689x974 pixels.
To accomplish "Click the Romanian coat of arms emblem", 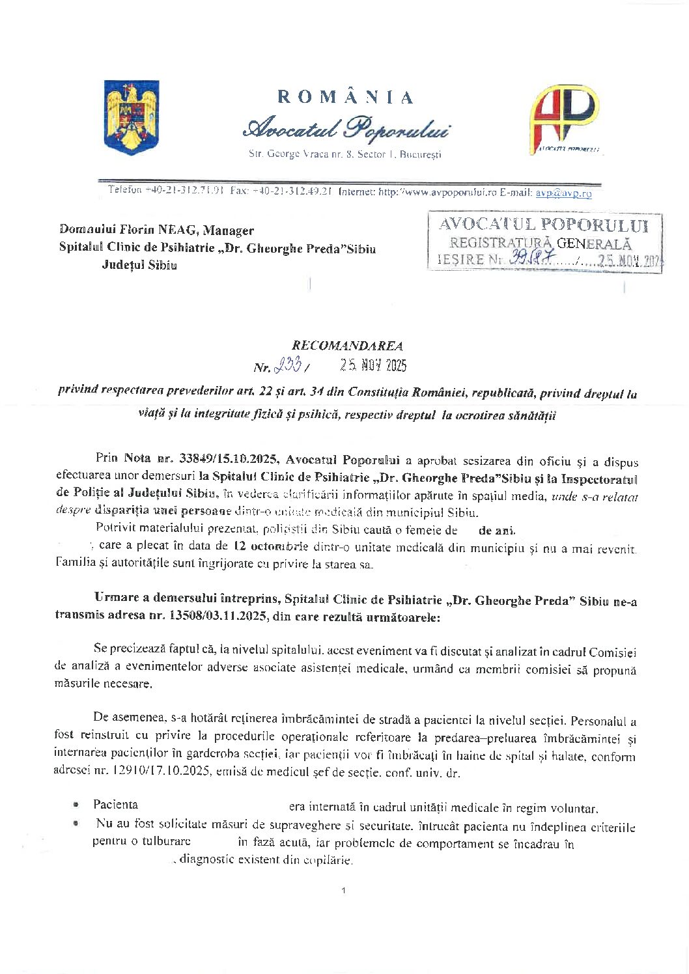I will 132,117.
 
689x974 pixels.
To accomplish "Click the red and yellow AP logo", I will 564,119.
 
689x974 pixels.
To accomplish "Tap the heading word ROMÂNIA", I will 345,98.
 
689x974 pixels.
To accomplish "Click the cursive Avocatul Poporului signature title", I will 345,128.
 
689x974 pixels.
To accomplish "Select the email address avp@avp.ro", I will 563,193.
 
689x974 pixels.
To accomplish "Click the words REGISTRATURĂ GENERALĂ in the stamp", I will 541,244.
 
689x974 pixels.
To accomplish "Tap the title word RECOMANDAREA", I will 347,346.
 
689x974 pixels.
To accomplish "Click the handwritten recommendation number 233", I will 287,366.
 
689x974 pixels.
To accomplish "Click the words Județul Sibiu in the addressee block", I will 139,264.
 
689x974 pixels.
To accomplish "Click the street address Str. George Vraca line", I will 345,155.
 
